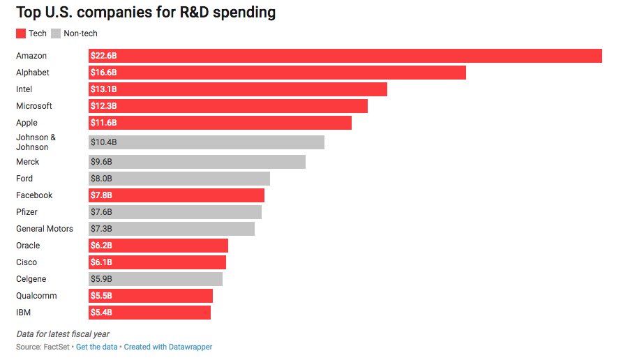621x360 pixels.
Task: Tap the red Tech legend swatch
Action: [20, 33]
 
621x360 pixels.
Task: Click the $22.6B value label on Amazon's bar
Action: [103, 56]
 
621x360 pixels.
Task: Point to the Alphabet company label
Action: [32, 73]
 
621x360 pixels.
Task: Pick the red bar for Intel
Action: [237, 89]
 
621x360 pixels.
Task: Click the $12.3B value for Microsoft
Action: [103, 106]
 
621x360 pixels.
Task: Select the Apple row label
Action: [27, 123]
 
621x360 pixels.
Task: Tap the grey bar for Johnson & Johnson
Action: [207, 142]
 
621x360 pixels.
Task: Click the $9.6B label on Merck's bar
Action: [102, 162]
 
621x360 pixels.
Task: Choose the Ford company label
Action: [24, 179]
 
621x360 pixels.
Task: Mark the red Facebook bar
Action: [177, 195]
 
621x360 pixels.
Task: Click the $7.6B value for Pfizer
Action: [102, 212]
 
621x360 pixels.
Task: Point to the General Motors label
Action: [44, 229]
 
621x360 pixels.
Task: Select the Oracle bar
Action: [158, 246]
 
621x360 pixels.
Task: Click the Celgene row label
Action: [31, 279]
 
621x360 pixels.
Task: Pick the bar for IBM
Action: [149, 313]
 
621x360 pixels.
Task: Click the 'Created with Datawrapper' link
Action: [168, 347]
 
